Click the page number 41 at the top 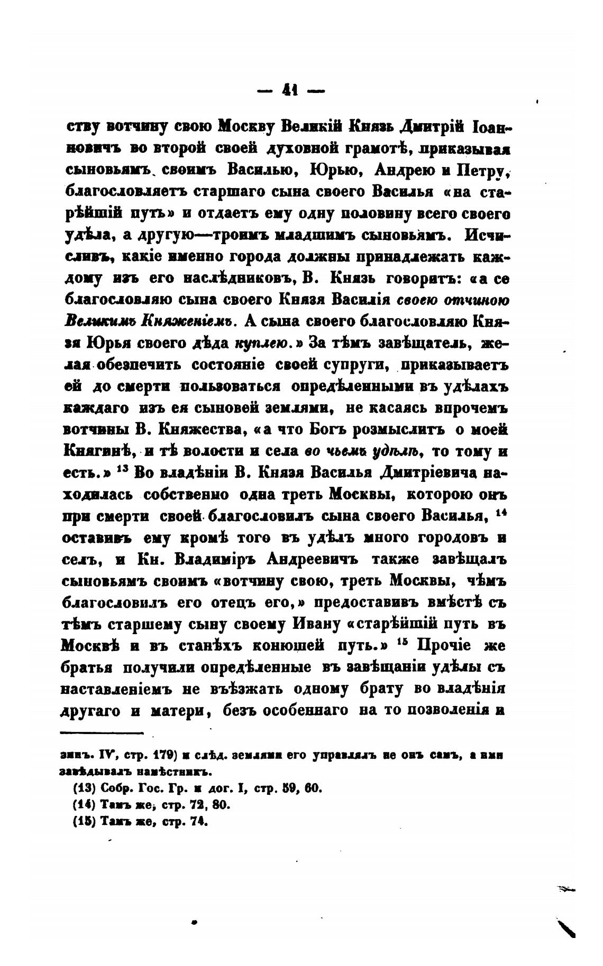290,91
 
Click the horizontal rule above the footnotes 102,732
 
